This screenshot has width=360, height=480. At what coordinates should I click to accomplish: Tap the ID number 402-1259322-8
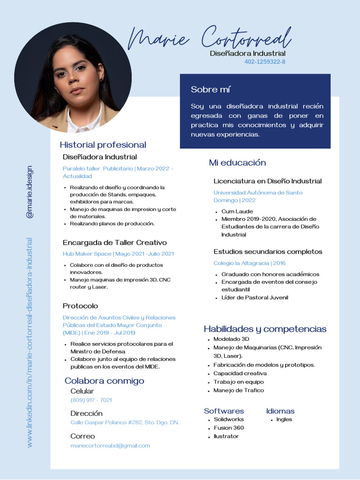pyautogui.click(x=265, y=62)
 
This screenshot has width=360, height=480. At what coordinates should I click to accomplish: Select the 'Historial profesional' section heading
pyautogui.click(x=103, y=145)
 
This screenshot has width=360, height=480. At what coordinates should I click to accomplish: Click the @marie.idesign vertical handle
pyautogui.click(x=30, y=192)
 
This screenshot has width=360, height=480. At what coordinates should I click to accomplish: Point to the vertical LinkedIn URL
pyautogui.click(x=30, y=342)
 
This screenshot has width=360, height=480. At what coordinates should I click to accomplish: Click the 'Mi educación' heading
pyautogui.click(x=237, y=163)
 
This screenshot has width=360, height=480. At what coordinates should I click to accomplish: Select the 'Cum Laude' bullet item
pyautogui.click(x=237, y=211)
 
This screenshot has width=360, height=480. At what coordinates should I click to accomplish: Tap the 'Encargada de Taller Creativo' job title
pyautogui.click(x=115, y=243)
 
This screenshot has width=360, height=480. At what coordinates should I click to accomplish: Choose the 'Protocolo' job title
pyautogui.click(x=81, y=306)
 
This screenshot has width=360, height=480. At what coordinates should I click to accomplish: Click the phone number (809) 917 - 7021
pyautogui.click(x=91, y=400)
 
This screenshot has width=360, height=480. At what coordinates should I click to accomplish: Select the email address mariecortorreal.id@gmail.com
pyautogui.click(x=110, y=446)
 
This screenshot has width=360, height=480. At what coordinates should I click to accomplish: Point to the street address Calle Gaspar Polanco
pyautogui.click(x=125, y=423)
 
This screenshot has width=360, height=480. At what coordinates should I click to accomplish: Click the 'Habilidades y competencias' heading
pyautogui.click(x=265, y=329)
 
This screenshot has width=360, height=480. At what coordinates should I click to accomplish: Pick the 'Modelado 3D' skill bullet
pyautogui.click(x=231, y=339)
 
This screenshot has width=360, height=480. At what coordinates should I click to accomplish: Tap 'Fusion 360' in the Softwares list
pyautogui.click(x=229, y=428)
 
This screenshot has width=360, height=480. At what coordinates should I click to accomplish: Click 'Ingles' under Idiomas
pyautogui.click(x=284, y=420)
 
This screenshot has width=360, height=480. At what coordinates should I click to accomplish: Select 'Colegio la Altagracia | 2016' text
pyautogui.click(x=249, y=263)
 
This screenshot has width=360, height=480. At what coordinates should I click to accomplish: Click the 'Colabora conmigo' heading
pyautogui.click(x=105, y=381)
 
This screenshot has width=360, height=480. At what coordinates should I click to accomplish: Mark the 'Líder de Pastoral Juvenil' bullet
pyautogui.click(x=255, y=298)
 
